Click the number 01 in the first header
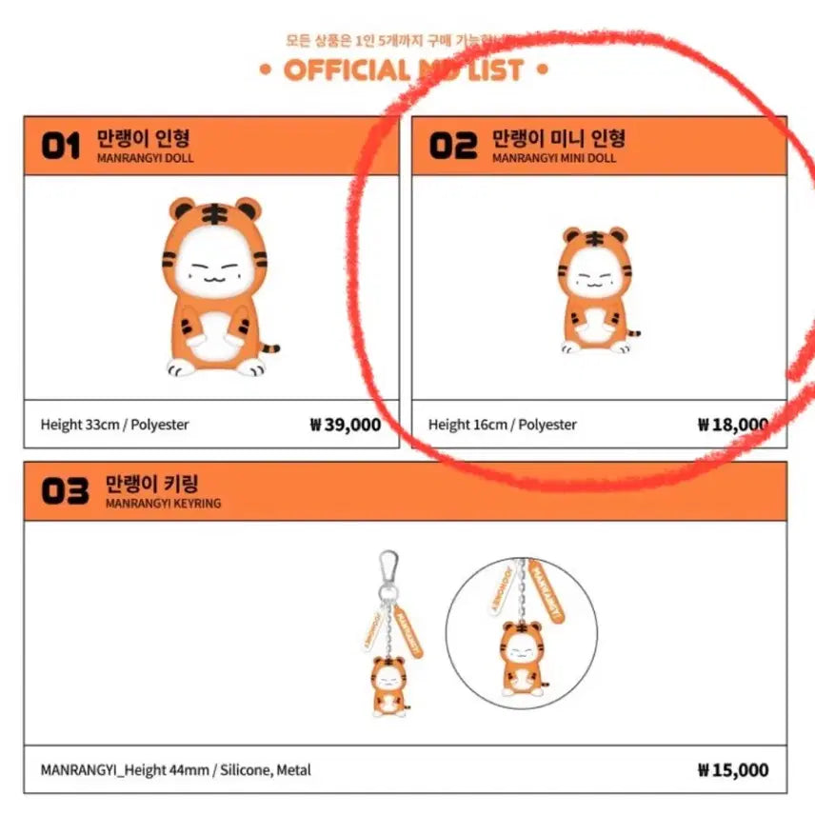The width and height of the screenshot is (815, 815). coord(61,148)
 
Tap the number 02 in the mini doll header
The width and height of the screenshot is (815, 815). coord(452,146)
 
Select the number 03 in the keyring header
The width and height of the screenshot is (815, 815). coord(66,491)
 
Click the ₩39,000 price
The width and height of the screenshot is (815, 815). coord(345,425)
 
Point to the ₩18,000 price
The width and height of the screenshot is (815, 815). coord(732,425)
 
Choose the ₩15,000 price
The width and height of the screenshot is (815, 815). coord(732,770)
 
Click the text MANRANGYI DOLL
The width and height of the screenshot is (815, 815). coord(145,158)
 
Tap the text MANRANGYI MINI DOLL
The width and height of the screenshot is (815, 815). coord(553,158)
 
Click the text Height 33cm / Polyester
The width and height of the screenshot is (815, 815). coord(114,425)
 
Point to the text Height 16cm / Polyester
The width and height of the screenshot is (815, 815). coord(502,425)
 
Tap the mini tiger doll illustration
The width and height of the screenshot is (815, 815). coord(595,290)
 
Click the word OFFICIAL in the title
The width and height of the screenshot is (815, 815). coord(345,70)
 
